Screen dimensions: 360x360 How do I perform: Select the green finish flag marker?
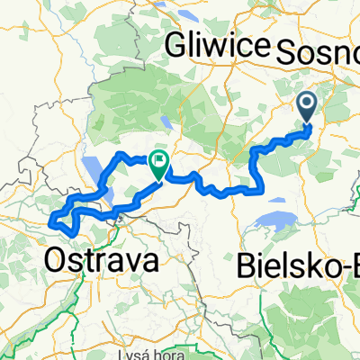click(159, 163)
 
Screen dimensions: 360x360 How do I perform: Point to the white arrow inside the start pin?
click(307, 106)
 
